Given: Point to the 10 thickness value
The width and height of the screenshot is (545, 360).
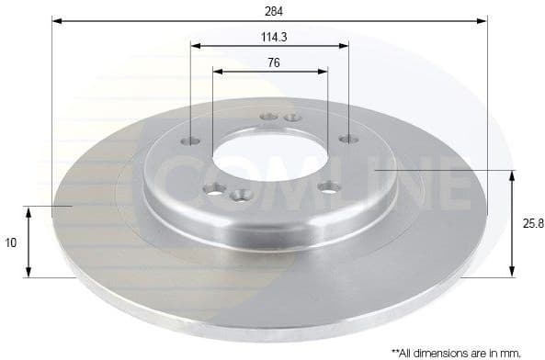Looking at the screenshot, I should (x=10, y=243).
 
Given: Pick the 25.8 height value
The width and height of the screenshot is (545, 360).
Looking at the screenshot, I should (x=528, y=223).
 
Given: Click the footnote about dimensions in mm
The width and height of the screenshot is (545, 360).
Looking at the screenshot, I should (x=457, y=351).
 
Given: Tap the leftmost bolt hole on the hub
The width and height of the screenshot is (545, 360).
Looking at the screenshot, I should (x=191, y=141).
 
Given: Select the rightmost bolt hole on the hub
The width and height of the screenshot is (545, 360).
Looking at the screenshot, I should (x=347, y=139).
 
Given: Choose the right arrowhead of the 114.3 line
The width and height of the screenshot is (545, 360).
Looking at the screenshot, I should (x=346, y=45).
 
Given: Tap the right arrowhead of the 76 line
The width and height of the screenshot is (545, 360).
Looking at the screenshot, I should (x=324, y=71).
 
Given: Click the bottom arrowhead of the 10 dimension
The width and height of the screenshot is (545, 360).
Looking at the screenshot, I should (x=29, y=272).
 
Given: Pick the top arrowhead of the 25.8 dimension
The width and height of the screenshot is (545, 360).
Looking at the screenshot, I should (x=512, y=174).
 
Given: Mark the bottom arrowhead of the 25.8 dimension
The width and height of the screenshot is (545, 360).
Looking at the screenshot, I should (x=512, y=272).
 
